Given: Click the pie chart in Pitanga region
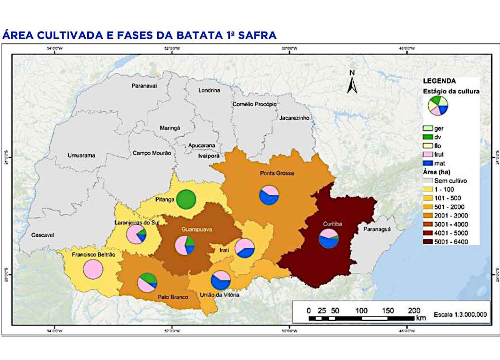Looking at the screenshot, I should click(x=186, y=199).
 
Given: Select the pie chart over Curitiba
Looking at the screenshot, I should click(x=328, y=239).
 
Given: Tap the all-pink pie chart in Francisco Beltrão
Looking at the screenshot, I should click(x=93, y=269).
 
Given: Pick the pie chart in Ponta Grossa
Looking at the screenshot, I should click(x=269, y=195).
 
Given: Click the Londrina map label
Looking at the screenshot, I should click(x=209, y=90).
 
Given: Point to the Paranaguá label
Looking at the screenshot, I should click(x=377, y=229).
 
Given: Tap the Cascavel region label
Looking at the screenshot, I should click(x=43, y=235).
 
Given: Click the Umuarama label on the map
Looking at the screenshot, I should click(x=81, y=156).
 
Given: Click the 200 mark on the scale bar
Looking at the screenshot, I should click(x=414, y=311).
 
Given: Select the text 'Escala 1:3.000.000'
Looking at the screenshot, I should click(x=460, y=314).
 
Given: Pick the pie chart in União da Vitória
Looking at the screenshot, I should click(x=221, y=280).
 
